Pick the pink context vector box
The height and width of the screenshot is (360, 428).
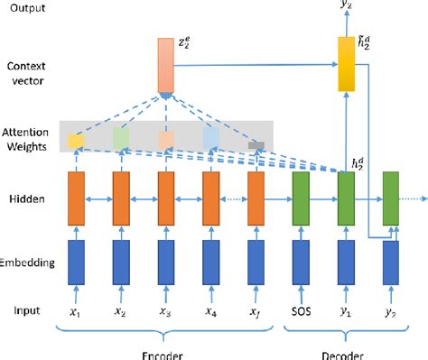point(164,65)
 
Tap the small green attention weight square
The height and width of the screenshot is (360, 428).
point(121,138)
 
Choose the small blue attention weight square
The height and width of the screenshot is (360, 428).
point(210,136)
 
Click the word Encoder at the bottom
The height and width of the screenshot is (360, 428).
point(165,353)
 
